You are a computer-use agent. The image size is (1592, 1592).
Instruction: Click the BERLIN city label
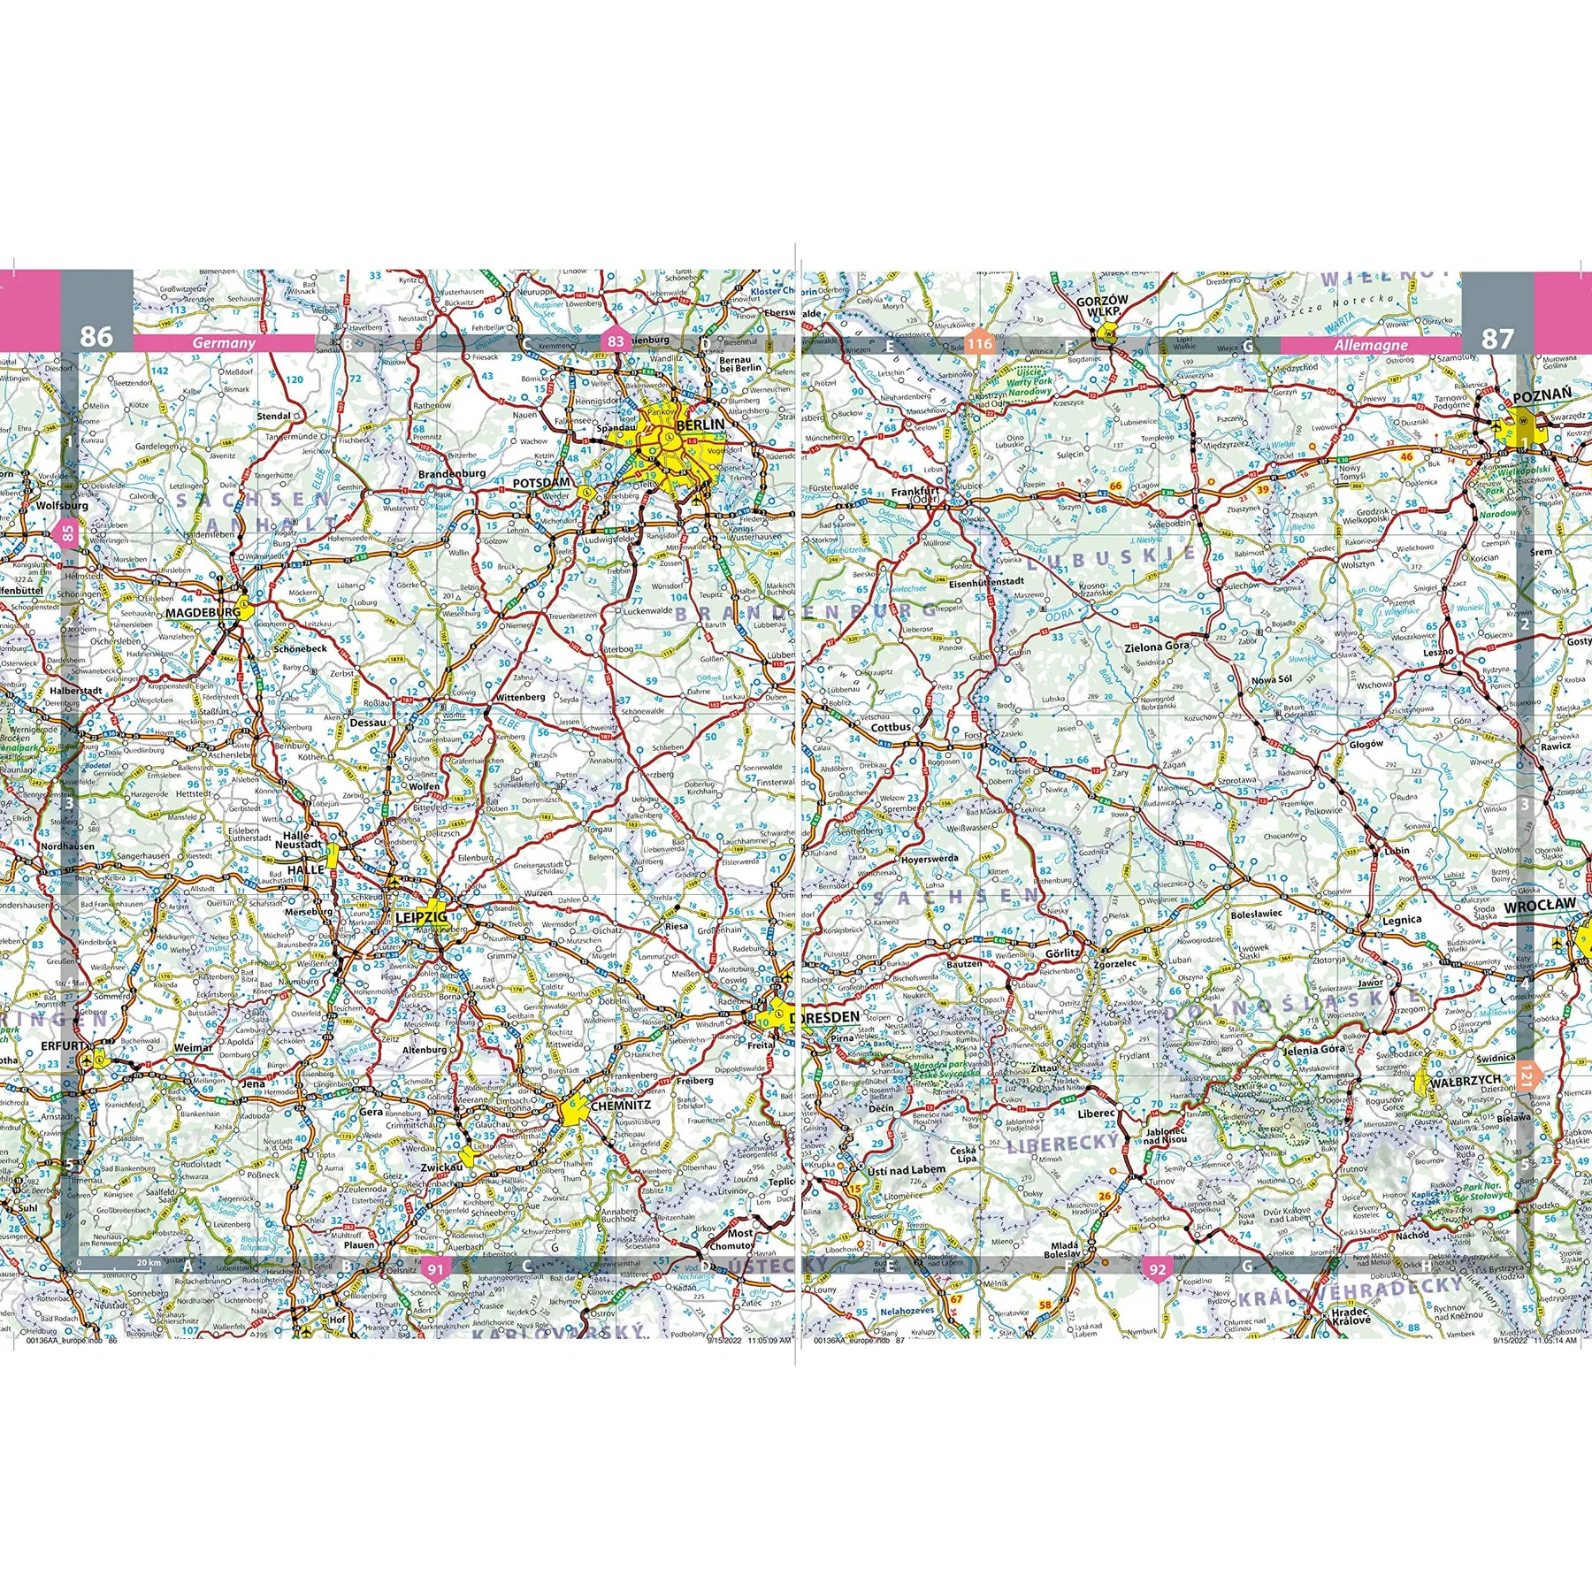(x=700, y=425)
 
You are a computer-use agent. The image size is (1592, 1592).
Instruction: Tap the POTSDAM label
(x=541, y=483)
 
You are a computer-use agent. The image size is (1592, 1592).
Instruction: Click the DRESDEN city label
(x=824, y=1017)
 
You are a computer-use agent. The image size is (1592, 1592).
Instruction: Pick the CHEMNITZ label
(x=620, y=1105)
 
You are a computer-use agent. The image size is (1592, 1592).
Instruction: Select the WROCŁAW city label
(x=1540, y=904)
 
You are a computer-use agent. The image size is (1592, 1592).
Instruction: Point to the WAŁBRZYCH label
(x=1466, y=1080)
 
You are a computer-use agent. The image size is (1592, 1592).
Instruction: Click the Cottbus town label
(x=891, y=727)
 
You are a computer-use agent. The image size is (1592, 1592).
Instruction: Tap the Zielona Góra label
(x=1156, y=647)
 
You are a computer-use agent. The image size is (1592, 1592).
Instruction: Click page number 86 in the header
(x=96, y=336)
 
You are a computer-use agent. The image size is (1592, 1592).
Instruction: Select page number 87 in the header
(x=1497, y=338)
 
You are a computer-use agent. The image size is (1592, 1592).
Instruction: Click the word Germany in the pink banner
(x=224, y=343)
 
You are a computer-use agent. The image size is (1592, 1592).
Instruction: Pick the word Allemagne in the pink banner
(x=1371, y=345)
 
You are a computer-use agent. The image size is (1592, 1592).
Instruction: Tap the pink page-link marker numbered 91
(x=435, y=1269)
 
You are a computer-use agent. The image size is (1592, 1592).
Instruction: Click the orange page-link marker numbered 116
(x=979, y=344)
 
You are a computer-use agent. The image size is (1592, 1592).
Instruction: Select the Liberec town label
(x=1096, y=1114)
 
